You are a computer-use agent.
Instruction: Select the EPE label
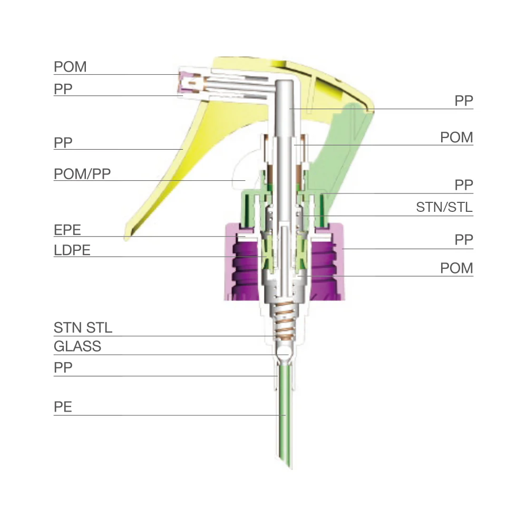70,230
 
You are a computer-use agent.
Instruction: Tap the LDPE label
72,250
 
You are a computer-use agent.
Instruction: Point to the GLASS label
77,347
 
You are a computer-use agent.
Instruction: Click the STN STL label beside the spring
83,327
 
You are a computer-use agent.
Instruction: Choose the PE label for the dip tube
63,407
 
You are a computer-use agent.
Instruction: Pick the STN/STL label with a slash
444,207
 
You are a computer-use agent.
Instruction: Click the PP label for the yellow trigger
63,142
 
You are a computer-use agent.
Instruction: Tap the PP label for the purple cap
464,240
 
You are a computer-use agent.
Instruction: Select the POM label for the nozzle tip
70,67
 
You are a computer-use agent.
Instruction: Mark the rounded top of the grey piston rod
285,84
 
